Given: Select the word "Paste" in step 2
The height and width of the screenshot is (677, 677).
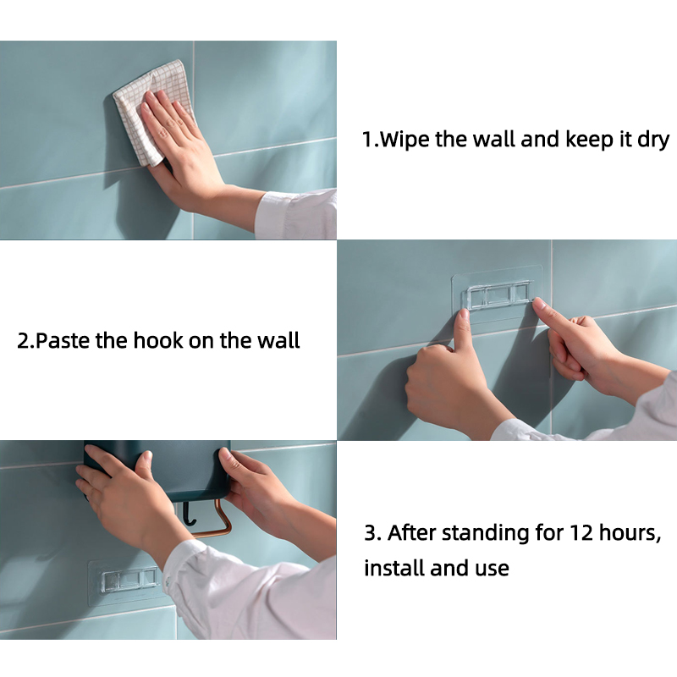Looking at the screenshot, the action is pyautogui.click(x=63, y=341).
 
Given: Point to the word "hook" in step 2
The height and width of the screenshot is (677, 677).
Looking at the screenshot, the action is pyautogui.click(x=159, y=340).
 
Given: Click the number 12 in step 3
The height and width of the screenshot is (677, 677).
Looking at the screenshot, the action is pyautogui.click(x=581, y=533).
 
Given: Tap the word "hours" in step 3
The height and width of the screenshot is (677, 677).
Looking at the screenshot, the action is pyautogui.click(x=630, y=533).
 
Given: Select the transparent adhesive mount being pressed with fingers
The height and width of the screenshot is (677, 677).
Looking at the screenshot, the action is pyautogui.click(x=498, y=294).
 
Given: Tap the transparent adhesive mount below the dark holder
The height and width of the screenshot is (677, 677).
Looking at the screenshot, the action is pyautogui.click(x=126, y=581).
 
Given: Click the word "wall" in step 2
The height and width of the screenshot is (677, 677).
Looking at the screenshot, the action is pyautogui.click(x=278, y=340).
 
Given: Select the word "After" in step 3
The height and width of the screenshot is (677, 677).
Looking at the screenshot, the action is pyautogui.click(x=411, y=533).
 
